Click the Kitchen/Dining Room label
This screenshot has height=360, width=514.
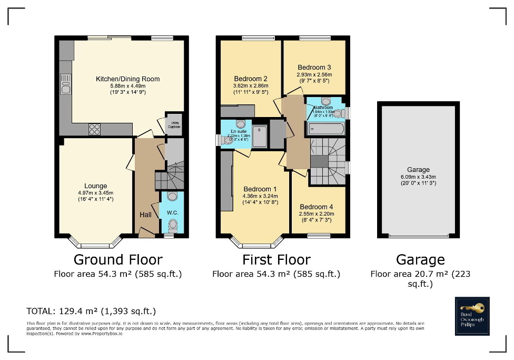127,79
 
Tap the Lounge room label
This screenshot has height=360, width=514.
95,186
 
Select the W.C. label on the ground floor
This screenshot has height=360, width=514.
172,213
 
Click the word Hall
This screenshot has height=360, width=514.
145,215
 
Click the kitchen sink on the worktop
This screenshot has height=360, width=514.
66,84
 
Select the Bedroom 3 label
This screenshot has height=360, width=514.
314,67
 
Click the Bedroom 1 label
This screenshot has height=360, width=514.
260,189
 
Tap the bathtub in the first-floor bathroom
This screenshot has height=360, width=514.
325,128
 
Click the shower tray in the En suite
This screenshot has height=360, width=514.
260,136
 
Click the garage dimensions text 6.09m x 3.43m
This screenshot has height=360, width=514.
418,177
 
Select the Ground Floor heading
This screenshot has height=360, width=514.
117,259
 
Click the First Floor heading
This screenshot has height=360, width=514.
276,259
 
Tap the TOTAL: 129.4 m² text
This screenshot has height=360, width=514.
91,311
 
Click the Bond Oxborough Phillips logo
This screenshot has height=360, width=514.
472,316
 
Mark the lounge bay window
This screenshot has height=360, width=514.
95,244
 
